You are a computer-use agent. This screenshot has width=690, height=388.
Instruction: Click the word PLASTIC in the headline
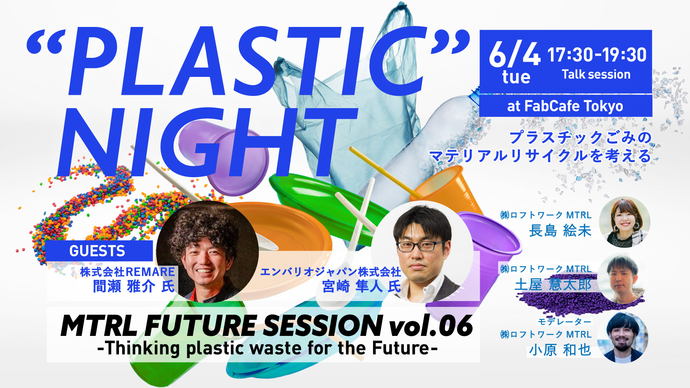[248, 61]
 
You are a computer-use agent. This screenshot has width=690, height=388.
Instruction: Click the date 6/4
[514, 54]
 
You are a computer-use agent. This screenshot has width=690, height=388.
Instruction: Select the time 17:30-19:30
[597, 55]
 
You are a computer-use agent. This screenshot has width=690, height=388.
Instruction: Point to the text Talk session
[596, 74]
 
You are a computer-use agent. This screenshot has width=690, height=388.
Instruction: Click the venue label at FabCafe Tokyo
[565, 106]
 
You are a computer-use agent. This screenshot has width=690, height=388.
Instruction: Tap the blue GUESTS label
[97, 251]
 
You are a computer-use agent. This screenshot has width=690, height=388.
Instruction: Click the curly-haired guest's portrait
[207, 252]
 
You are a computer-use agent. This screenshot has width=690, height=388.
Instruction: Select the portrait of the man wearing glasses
[422, 251]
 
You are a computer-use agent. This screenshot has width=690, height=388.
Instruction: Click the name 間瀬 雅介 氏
[134, 287]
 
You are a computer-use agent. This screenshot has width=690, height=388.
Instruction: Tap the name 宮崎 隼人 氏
[361, 287]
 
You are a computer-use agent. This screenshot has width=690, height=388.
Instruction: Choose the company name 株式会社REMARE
[128, 272]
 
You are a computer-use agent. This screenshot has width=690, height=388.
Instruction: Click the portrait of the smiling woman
[625, 222]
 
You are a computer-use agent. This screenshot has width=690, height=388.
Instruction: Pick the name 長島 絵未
[560, 231]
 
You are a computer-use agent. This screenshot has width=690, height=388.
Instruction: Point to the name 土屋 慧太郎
[553, 285]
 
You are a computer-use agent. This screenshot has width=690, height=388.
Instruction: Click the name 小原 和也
[560, 350]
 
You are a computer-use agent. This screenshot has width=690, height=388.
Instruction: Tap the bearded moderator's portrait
[624, 338]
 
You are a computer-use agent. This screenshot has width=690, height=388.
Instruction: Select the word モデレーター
[565, 322]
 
